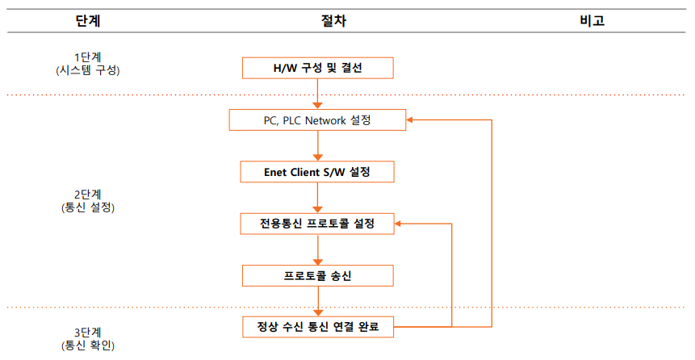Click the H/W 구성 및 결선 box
(318, 68)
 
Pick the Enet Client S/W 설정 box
(317, 172)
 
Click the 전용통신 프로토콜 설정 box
(317, 224)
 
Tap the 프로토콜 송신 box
(317, 275)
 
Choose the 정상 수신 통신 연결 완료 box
(317, 327)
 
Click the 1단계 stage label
(88, 57)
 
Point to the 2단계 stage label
(88, 195)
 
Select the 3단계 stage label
(88, 332)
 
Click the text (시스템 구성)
(88, 70)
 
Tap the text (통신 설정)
(88, 207)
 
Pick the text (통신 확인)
(88, 345)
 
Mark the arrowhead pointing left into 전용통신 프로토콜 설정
(400, 224)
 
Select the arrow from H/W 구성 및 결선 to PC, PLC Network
(318, 94)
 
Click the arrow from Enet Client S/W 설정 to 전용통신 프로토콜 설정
(318, 198)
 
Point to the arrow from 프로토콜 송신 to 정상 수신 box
(318, 301)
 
